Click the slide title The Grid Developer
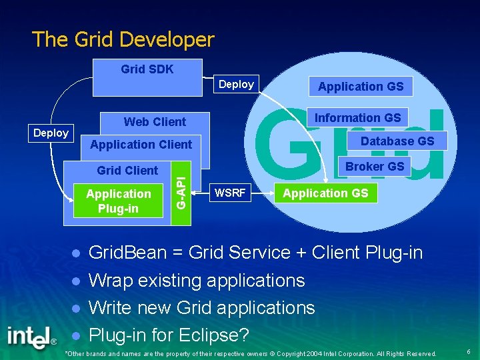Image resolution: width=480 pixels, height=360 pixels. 123,39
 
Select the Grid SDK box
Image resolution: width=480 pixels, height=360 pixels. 147,77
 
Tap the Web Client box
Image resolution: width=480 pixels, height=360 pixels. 155,121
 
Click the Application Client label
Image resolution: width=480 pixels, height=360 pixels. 141,145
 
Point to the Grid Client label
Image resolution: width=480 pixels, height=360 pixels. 127,171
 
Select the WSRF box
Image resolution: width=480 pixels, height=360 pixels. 229,194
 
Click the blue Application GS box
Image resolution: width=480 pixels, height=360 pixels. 361,86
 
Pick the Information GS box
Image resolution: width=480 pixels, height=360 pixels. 357,118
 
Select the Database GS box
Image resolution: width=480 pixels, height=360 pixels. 397,141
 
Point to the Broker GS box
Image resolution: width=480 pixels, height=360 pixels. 375,167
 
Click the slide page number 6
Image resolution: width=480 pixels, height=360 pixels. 469,351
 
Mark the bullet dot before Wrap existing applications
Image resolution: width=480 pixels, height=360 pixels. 77,281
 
